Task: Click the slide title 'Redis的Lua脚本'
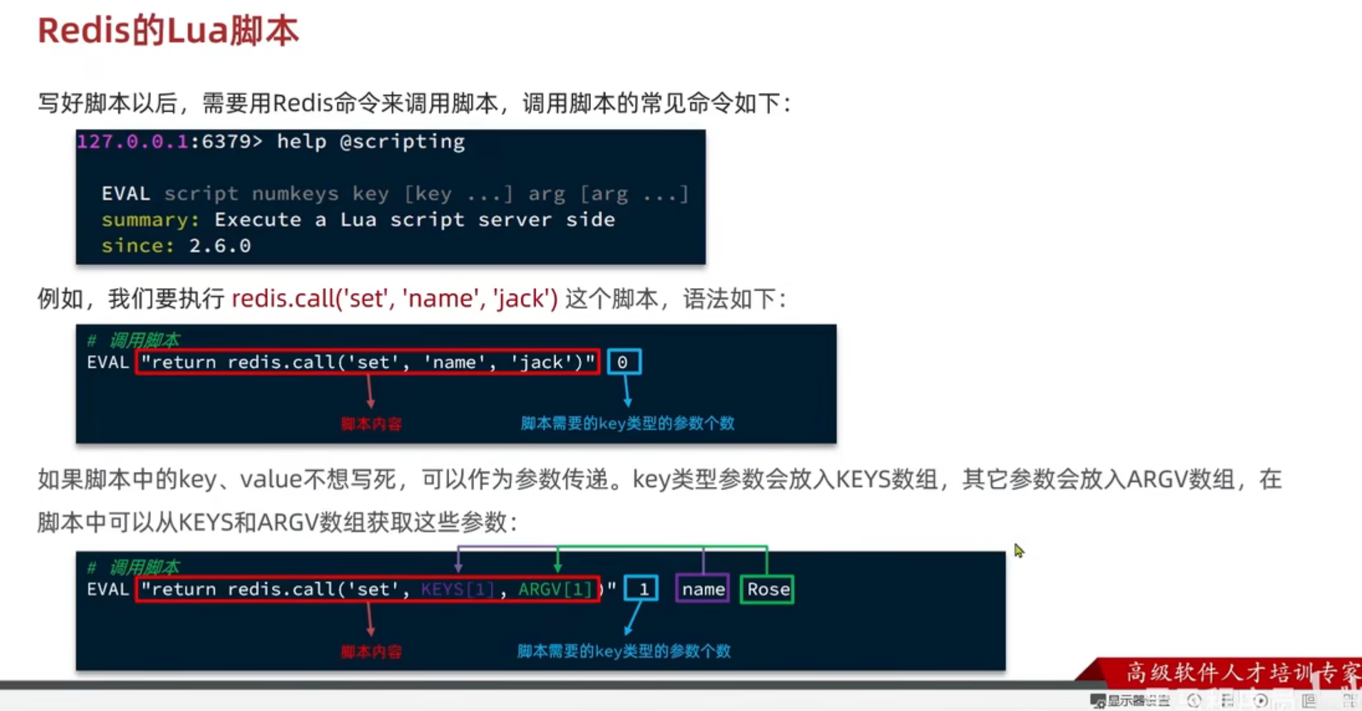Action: (168, 31)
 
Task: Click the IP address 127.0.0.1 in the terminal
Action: (132, 142)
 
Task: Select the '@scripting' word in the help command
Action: (402, 142)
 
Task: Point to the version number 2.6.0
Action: (220, 246)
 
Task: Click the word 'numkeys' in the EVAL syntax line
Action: (295, 194)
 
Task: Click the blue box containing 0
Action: (623, 362)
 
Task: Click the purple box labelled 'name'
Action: (703, 589)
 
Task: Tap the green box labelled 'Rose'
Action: (767, 589)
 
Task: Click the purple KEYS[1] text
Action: (457, 589)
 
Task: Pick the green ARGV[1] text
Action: (555, 589)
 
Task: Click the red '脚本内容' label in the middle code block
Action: (371, 424)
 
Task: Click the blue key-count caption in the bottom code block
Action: (624, 651)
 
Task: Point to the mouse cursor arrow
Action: (1018, 550)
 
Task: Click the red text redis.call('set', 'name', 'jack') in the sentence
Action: (395, 299)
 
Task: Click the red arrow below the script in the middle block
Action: (370, 392)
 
